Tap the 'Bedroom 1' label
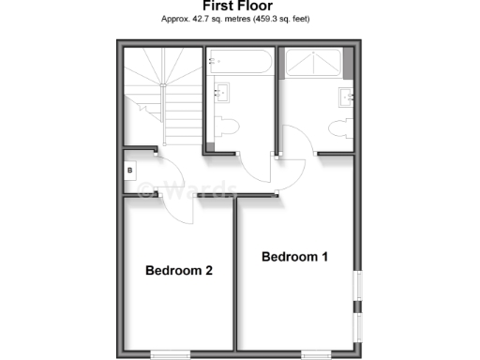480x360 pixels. (x=294, y=257)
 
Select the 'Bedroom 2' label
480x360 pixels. (x=179, y=271)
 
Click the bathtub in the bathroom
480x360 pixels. (x=240, y=64)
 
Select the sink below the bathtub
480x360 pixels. (x=222, y=91)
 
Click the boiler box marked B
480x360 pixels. (x=130, y=172)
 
